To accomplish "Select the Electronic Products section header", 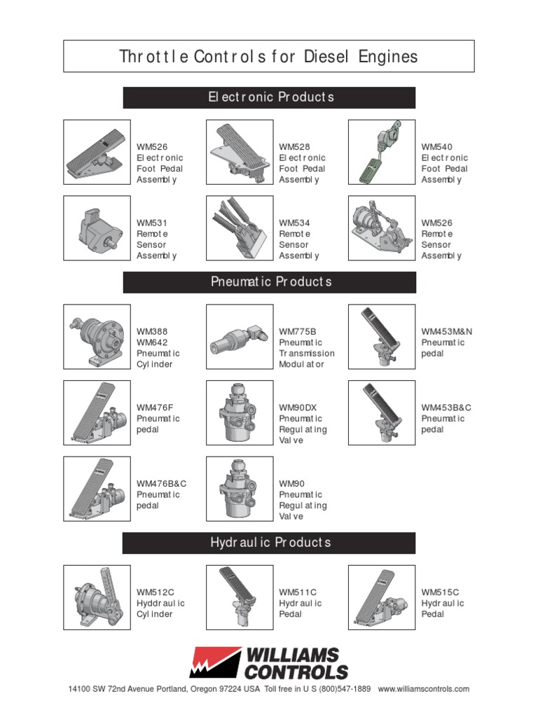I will [270, 97].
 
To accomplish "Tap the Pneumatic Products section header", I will [270, 282].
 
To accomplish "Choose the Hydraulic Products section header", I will [270, 543].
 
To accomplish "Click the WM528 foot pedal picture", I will [239, 153].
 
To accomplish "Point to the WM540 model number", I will [436, 147].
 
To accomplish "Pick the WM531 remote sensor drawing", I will [97, 228].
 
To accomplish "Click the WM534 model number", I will [294, 223].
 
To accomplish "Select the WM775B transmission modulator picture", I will [239, 337].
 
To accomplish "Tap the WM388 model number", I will [152, 331].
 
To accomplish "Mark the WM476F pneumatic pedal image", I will [97, 413].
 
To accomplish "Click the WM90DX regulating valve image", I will [239, 413].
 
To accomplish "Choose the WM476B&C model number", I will [162, 483].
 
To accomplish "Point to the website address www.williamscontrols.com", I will [423, 689].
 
